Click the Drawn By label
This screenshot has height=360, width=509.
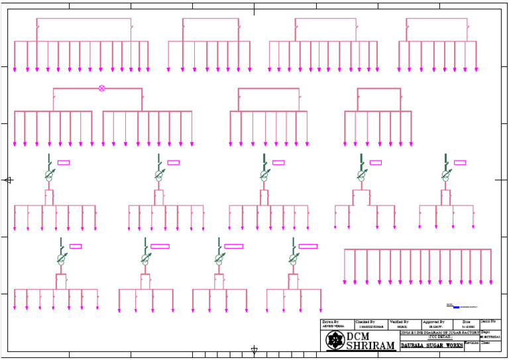pos(330,322)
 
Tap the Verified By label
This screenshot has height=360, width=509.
pos(398,322)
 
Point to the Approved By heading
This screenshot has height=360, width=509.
pos(434,322)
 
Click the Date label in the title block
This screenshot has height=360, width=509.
pos(466,322)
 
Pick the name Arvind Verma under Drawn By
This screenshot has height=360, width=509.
pos(333,327)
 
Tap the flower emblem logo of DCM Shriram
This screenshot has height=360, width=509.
pos(335,341)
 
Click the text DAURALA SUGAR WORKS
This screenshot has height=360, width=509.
pos(431,345)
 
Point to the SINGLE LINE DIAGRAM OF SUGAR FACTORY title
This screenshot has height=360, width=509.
pos(432,332)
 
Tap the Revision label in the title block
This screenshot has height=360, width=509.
pos(471,343)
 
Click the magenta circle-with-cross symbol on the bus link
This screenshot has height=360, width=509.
pos(101,88)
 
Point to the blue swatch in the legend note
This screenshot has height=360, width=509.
pos(456,307)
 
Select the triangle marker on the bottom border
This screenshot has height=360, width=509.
pos(254,351)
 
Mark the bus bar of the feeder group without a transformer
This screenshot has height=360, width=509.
pos(418,249)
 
